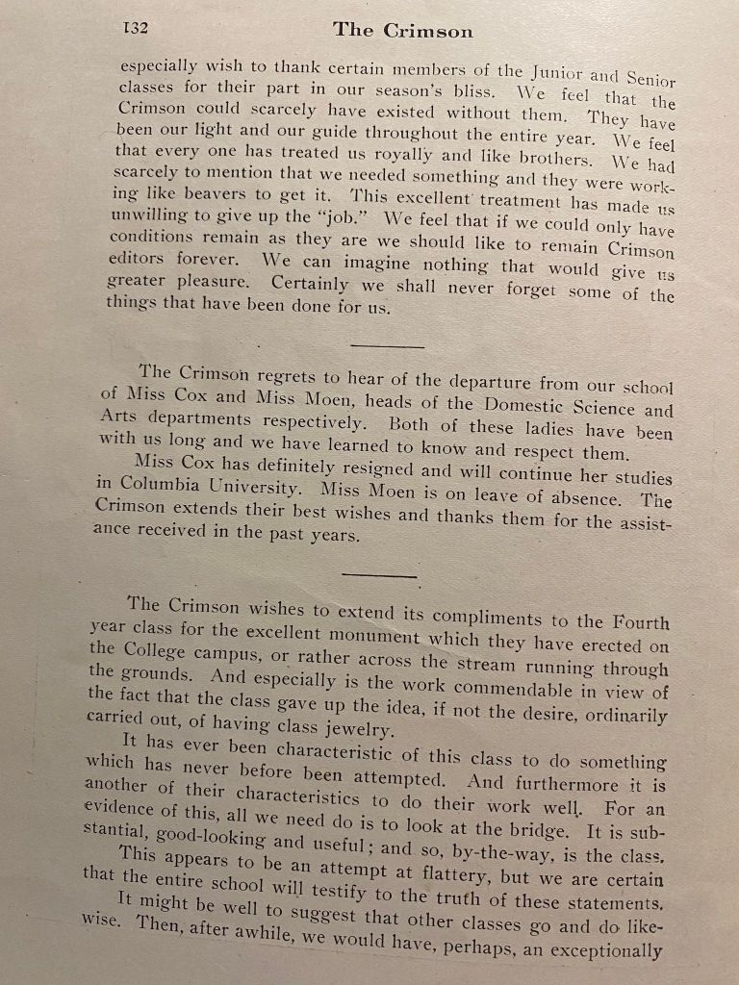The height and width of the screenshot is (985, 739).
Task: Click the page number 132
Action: click(135, 28)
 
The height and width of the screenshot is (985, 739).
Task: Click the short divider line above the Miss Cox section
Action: click(388, 345)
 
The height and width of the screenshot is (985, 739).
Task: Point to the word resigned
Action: click(364, 470)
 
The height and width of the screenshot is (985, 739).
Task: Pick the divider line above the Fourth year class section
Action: click(379, 575)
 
